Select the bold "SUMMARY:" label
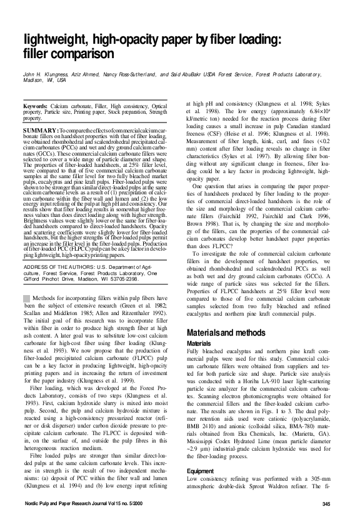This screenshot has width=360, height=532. point(41,128)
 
